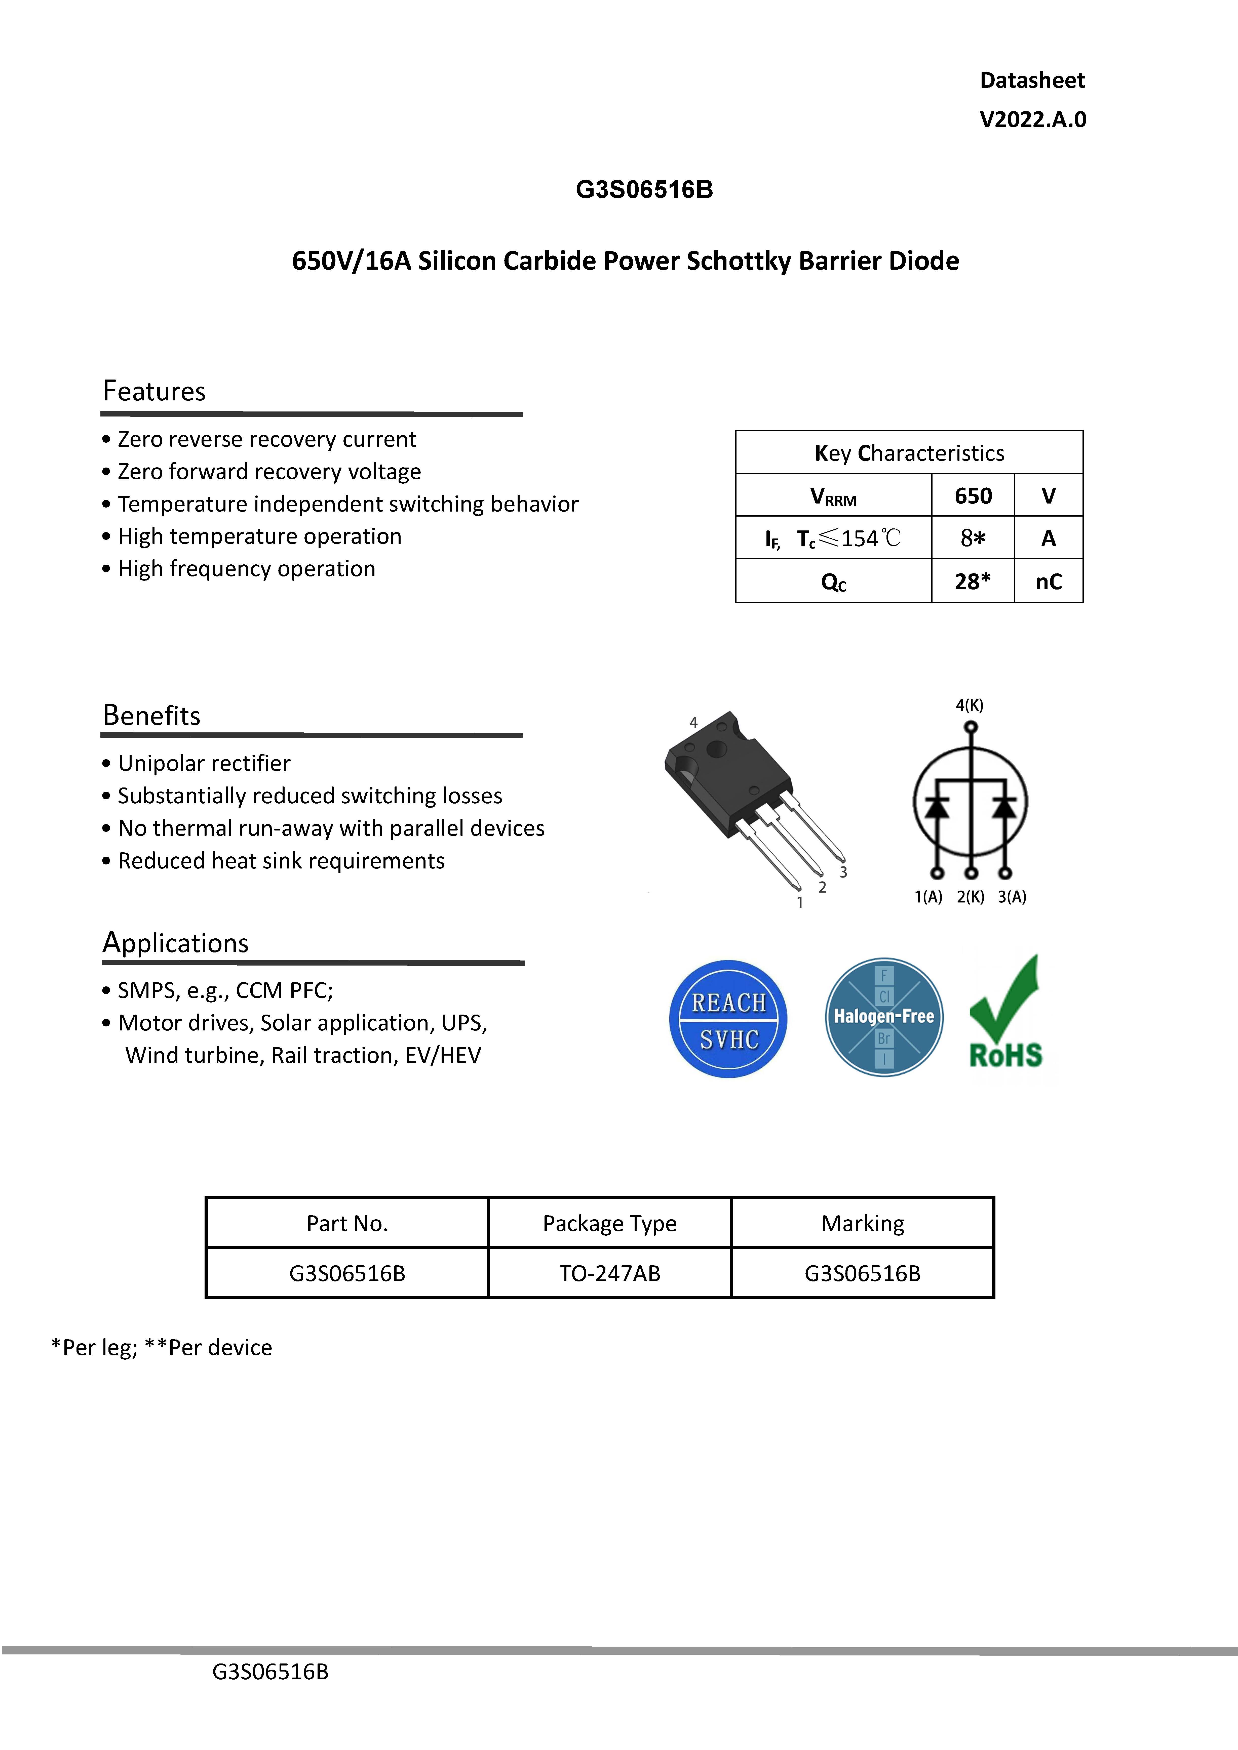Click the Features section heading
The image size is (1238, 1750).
[154, 391]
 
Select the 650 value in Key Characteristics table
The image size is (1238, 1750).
[973, 496]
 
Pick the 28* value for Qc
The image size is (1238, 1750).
[973, 581]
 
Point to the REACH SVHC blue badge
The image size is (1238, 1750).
[728, 1019]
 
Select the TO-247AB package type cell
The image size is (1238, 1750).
[609, 1274]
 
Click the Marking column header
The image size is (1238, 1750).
[862, 1223]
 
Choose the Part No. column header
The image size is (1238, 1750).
[347, 1223]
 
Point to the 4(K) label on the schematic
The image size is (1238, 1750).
[970, 706]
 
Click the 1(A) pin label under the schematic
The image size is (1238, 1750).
[928, 897]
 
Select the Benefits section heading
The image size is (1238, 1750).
[152, 716]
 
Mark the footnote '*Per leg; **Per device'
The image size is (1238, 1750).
[162, 1348]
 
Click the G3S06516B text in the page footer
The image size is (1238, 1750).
[270, 1672]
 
